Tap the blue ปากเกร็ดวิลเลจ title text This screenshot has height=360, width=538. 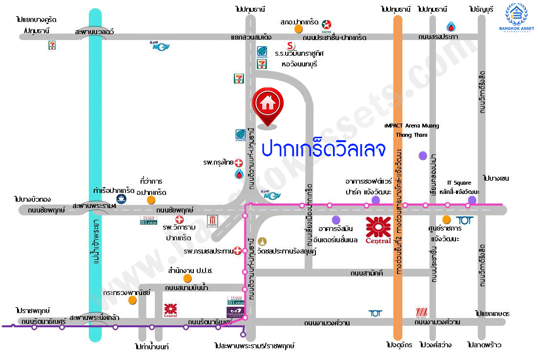(323, 148)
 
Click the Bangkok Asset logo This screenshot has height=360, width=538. (519, 18)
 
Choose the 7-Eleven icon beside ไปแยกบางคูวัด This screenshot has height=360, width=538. (51, 45)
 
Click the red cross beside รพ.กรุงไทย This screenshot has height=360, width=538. (239, 162)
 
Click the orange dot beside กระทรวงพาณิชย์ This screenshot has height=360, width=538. (132, 300)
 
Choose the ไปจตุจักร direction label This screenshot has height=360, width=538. (397, 345)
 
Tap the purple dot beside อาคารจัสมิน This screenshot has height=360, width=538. (335, 219)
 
